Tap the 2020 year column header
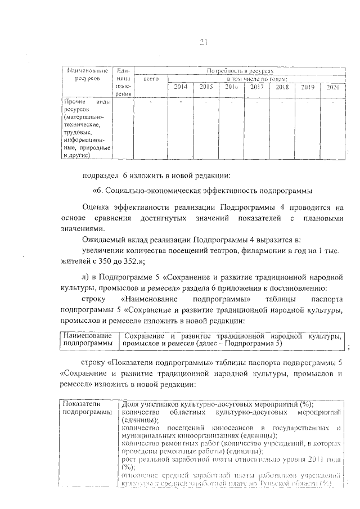click(x=332, y=87)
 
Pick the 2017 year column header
click(x=256, y=87)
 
